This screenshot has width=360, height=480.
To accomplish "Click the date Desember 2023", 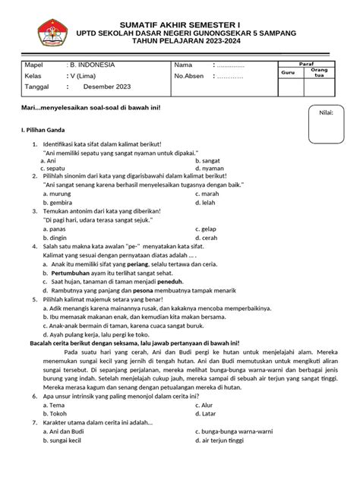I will point(107,87).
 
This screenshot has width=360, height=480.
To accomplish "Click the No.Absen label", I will point(190,76).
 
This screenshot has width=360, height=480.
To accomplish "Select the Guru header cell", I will point(288,71).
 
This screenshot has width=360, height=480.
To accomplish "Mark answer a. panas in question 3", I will point(54,229).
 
